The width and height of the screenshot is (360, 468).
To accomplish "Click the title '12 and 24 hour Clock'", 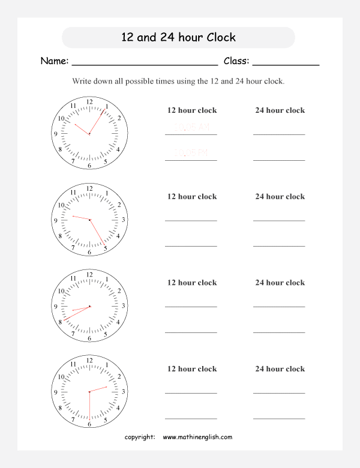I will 178,37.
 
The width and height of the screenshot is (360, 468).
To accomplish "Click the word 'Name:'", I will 54,61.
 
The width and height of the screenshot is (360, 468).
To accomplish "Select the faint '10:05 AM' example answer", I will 191,127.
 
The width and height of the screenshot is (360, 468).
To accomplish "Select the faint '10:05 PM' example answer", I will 191,153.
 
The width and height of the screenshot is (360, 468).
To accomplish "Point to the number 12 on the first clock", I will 89,101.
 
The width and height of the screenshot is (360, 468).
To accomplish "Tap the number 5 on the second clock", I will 106,248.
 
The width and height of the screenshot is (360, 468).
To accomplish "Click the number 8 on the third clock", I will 60,322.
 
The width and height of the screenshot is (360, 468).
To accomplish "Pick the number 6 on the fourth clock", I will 89,424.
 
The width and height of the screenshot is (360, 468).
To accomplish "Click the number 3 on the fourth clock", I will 123,392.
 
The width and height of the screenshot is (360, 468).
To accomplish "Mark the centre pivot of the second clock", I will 89,220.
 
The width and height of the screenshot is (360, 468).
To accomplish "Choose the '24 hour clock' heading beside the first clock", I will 280,110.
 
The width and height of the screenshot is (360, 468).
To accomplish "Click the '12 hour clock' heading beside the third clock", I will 192,283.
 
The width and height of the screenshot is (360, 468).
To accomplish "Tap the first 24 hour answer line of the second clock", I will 279,220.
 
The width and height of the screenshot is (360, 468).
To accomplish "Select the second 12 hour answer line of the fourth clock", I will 191,418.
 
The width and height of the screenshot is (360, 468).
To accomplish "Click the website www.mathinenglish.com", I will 197,437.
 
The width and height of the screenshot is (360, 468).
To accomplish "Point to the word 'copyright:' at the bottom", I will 140,437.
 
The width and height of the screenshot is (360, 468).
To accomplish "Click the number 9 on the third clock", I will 56,307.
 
